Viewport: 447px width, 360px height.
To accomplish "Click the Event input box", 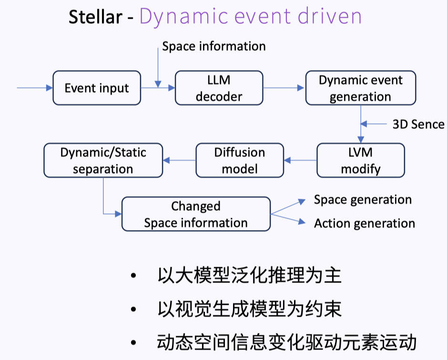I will [x=97, y=88].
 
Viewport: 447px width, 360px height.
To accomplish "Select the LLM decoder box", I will [x=219, y=88].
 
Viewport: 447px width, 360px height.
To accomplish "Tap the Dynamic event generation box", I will [x=360, y=88].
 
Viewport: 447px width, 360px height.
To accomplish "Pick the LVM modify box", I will [x=360, y=160].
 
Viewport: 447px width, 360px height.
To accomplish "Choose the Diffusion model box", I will [x=240, y=160].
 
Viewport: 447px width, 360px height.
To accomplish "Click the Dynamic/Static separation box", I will [x=103, y=160].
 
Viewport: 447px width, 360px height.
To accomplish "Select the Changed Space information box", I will [x=196, y=214].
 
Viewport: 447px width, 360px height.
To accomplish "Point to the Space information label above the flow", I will [x=213, y=46].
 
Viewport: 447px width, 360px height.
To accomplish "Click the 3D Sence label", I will [x=418, y=124].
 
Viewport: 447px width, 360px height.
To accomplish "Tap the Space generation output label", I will [x=363, y=200].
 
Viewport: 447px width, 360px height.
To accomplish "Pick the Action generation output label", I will [x=364, y=223].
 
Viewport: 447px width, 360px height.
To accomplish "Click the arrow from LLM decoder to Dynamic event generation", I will [x=284, y=88].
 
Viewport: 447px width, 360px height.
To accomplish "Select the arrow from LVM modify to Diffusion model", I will [x=300, y=160].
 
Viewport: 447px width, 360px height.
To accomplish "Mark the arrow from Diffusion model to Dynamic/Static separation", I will [x=179, y=160].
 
